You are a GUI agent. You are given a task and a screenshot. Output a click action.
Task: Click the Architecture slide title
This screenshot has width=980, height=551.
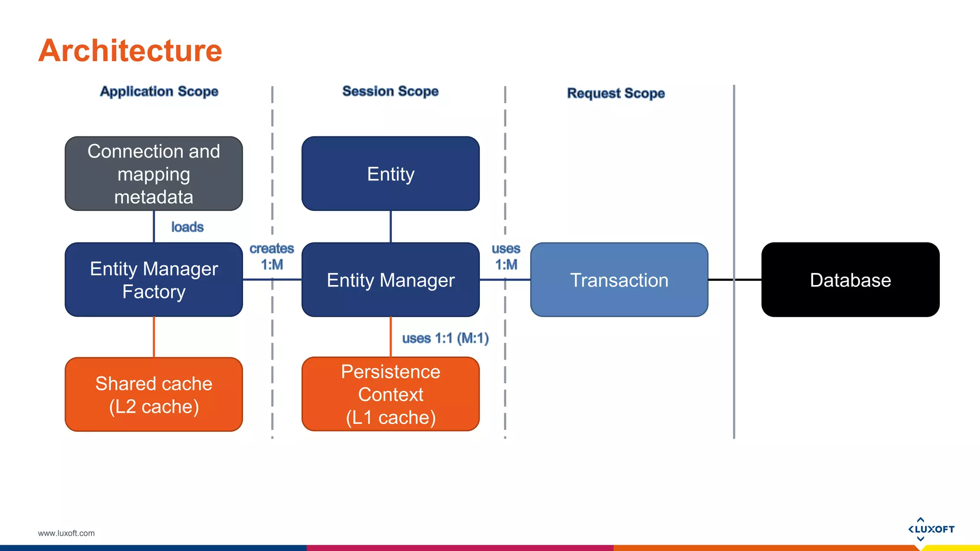[130, 51]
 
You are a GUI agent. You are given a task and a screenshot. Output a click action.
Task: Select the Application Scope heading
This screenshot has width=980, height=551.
[159, 91]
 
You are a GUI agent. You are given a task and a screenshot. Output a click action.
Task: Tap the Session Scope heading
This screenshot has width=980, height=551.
[390, 91]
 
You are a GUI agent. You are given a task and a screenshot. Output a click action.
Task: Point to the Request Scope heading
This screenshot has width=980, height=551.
[616, 93]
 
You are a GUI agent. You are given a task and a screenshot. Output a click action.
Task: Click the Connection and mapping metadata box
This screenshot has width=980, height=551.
[154, 174]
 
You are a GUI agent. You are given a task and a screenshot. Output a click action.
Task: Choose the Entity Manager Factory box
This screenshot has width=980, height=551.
[154, 280]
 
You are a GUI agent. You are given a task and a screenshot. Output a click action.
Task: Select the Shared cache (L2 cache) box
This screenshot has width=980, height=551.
[154, 395]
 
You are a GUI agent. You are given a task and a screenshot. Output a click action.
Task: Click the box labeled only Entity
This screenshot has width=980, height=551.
[390, 174]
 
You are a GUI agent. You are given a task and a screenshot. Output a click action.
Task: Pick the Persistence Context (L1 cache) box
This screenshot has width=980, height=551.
[390, 395]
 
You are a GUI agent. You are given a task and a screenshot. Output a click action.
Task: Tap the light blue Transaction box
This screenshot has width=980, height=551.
[619, 280]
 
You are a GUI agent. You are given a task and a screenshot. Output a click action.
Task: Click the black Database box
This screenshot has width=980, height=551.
[850, 280]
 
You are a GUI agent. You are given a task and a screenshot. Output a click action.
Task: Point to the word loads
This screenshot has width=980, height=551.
[187, 227]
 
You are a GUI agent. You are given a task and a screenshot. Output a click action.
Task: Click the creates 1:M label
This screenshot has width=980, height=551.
[272, 256]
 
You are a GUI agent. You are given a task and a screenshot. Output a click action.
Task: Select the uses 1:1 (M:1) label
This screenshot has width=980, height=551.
[445, 338]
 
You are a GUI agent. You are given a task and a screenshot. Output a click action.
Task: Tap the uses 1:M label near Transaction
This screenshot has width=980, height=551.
[506, 256]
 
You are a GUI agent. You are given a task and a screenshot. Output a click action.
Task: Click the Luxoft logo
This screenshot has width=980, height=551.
[931, 529]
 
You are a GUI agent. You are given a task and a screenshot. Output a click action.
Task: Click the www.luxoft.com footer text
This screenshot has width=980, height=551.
[66, 533]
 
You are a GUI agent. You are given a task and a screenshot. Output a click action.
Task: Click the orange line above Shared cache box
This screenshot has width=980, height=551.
[154, 337]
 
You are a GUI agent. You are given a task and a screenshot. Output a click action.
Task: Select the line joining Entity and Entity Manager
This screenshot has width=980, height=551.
[390, 226]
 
